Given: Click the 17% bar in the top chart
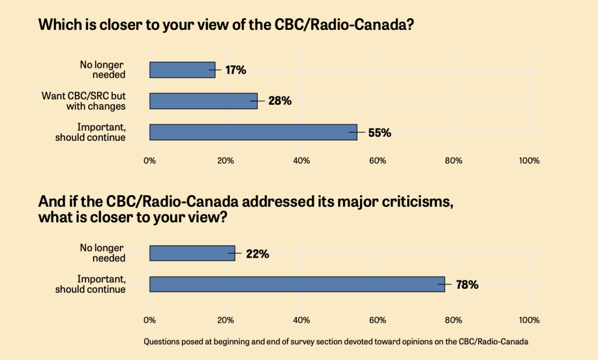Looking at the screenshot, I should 182,70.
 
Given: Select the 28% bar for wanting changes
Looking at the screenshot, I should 203,101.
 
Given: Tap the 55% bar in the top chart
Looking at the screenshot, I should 253,132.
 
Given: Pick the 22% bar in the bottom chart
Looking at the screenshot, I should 192,253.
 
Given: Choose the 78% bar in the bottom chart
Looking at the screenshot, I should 297,284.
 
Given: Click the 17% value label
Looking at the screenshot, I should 236,70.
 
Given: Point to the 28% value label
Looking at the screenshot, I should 280,101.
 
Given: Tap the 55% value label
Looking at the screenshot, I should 379,133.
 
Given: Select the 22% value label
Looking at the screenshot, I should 257,254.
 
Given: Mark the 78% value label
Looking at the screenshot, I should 467,285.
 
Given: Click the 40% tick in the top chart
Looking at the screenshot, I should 302,161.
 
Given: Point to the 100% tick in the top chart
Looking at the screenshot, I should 529,161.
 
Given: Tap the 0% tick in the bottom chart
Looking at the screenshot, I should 150,320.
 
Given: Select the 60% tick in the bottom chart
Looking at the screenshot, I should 378,320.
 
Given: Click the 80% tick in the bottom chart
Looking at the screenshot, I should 454,320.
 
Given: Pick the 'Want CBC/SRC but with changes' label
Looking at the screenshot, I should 84,101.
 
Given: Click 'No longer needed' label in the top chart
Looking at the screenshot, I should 103,70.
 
